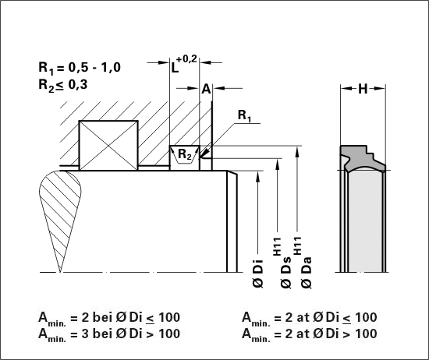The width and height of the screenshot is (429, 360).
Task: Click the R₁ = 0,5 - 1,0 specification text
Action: (80, 68)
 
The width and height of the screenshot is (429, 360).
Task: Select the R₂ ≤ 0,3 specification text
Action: (63, 85)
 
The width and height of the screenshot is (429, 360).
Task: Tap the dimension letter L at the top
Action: (175, 68)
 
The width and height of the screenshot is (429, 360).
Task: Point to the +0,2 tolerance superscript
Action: (187, 58)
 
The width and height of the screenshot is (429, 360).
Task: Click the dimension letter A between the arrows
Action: (206, 89)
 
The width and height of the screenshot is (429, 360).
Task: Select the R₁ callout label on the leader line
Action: (245, 115)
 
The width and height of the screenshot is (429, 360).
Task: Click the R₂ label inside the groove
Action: (185, 154)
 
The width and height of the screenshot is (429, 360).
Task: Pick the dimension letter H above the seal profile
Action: (363, 89)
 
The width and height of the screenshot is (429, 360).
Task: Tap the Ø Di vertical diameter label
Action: (257, 274)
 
